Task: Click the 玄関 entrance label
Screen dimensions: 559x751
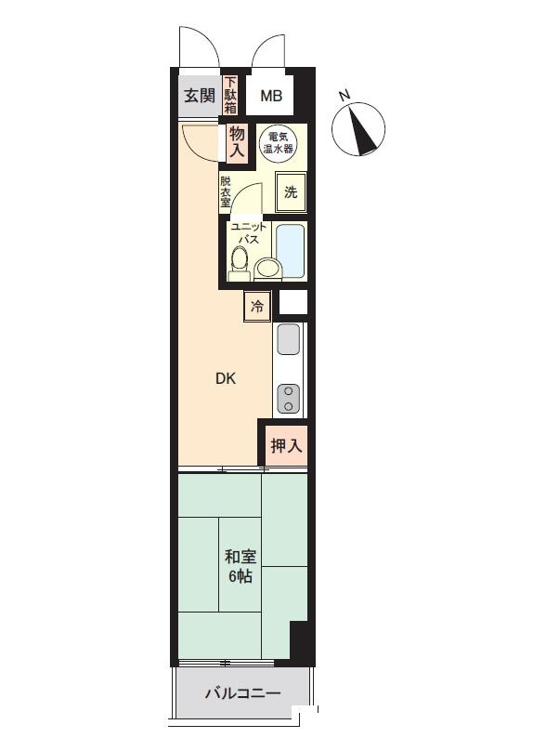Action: (200, 96)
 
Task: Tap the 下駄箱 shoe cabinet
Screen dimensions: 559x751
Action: (230, 96)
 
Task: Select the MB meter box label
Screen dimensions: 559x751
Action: (271, 97)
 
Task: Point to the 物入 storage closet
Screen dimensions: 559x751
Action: (237, 141)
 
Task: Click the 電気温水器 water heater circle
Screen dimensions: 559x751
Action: (278, 143)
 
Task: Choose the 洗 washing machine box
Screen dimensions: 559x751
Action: (291, 192)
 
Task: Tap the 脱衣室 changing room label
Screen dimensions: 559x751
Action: (225, 191)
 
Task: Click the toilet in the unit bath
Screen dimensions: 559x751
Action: (239, 263)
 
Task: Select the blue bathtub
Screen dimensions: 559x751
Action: (290, 251)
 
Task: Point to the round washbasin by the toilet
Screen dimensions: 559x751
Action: (267, 269)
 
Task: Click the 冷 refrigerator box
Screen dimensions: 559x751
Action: (257, 306)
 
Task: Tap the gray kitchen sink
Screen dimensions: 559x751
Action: (288, 338)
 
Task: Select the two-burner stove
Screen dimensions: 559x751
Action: (288, 399)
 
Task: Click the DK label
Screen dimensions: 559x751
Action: (226, 379)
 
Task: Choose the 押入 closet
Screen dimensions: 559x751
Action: (286, 446)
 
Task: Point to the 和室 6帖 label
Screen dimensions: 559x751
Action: (240, 566)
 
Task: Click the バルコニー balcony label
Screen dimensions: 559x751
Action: (242, 693)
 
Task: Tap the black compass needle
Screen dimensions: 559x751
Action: (363, 131)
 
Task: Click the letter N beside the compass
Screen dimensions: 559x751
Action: (344, 95)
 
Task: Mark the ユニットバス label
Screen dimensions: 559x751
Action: (248, 232)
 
